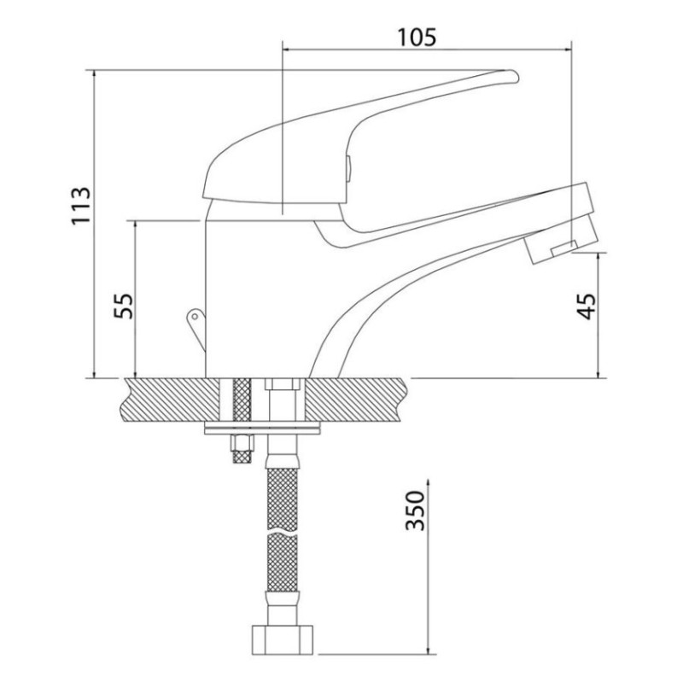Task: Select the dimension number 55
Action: point(125,305)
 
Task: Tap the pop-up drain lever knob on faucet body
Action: point(194,318)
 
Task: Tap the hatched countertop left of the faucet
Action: point(166,399)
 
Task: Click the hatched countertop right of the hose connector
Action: point(359,399)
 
